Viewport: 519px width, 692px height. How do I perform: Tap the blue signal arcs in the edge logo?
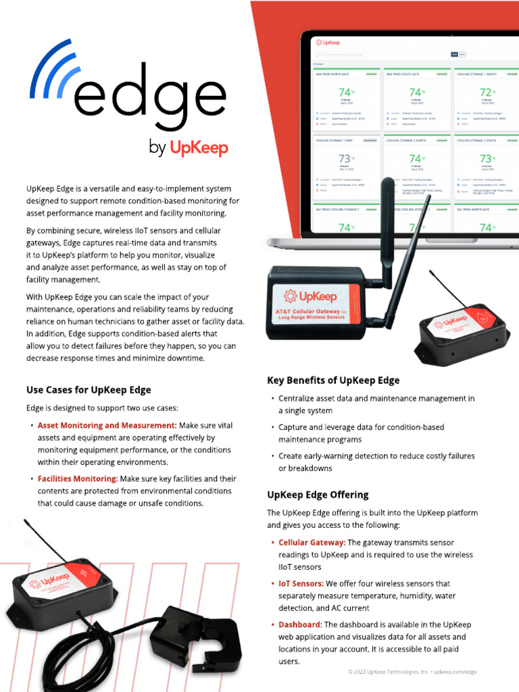(51, 68)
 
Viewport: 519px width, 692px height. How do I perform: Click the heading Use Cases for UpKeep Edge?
(89, 390)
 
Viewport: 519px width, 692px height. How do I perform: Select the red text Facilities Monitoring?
(78, 478)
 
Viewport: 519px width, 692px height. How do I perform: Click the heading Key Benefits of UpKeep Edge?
(333, 380)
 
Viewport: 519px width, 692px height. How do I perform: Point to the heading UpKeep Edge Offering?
(318, 495)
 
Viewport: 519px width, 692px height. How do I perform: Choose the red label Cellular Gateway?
(312, 543)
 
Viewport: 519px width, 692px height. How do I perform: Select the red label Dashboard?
(300, 624)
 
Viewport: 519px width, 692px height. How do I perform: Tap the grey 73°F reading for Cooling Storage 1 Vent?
(345, 159)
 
